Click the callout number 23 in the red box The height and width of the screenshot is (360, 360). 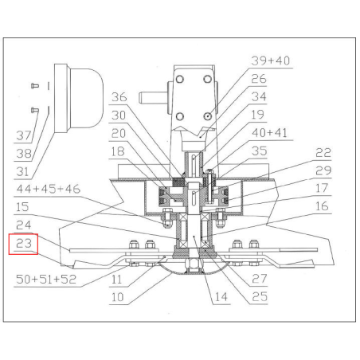(x=24, y=243)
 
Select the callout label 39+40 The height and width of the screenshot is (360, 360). (x=270, y=61)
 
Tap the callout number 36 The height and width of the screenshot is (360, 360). (x=119, y=97)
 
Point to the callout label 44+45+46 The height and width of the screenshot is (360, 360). (x=48, y=189)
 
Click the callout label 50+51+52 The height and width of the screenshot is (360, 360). (x=46, y=279)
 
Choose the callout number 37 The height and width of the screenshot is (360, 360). (x=24, y=135)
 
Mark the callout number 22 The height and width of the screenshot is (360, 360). (x=323, y=153)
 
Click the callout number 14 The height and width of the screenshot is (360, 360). (x=221, y=297)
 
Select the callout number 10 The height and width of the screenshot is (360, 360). (x=117, y=297)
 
